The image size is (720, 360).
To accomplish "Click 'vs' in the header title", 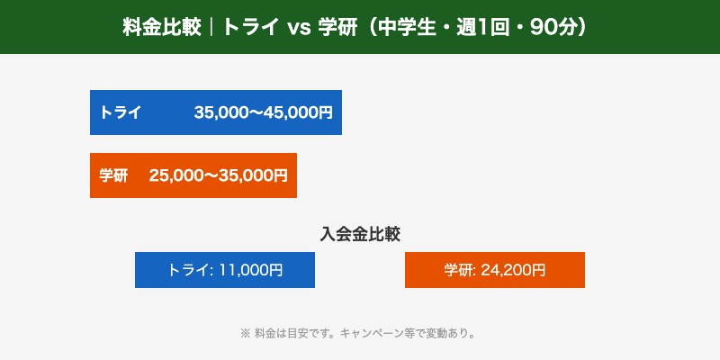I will [299, 27].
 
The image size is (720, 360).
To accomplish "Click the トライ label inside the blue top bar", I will [120, 112].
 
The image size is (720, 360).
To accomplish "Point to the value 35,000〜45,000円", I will [263, 112].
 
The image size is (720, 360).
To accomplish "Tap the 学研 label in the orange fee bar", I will [113, 175].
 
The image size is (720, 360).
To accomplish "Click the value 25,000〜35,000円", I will [218, 175].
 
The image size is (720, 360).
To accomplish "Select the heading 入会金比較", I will [360, 233].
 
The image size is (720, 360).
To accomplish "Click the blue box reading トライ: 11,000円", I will [225, 270].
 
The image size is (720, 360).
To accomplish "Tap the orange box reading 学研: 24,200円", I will [495, 270].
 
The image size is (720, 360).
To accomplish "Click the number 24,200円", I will [513, 270].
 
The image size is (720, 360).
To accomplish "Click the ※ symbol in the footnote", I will [245, 333].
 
